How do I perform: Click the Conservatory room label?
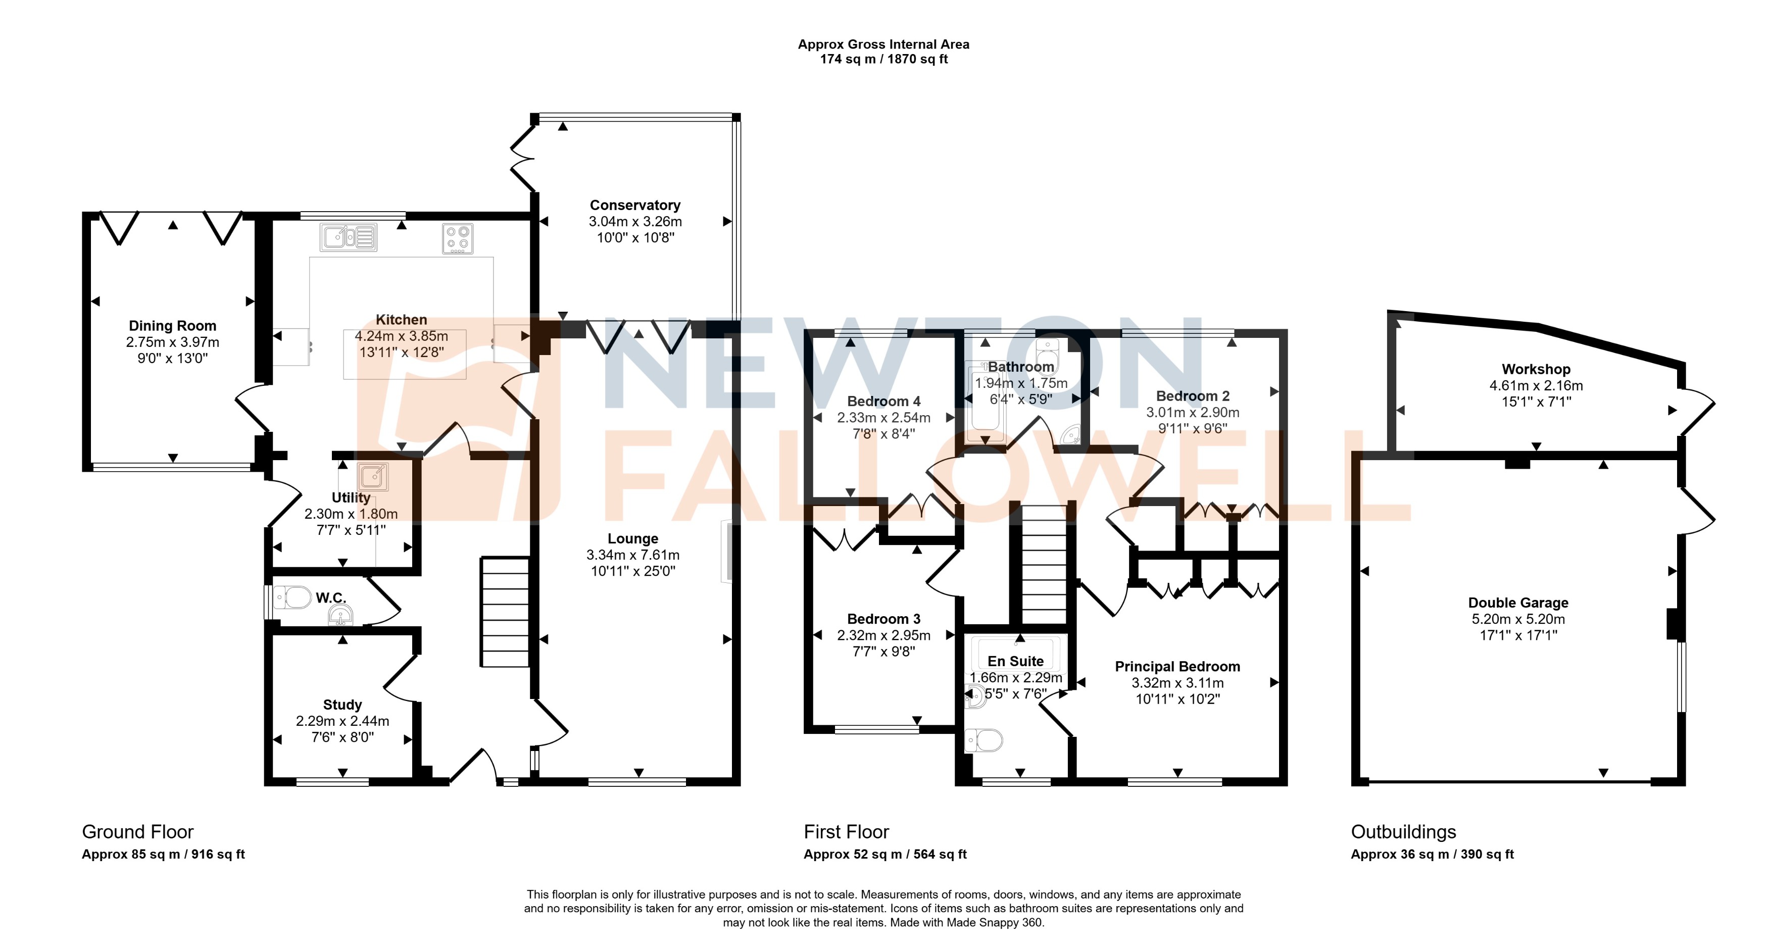635,205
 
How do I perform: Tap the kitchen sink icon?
348,237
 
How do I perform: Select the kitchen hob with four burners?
458,238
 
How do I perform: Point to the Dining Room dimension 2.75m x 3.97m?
172,342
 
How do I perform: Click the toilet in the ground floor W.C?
293,597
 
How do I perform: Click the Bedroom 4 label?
883,402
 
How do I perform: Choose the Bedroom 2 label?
1192,396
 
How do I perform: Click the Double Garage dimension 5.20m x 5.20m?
1517,619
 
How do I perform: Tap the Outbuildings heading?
1403,832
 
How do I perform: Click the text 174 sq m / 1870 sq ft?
883,60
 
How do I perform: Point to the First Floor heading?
846,832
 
